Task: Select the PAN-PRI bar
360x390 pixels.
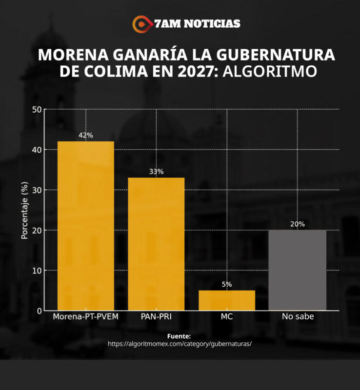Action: coord(156,244)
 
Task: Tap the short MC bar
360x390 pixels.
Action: coord(227,300)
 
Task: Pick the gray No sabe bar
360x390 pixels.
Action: coord(297,270)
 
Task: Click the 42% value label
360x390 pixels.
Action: coord(86,136)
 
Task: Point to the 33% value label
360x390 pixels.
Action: coord(156,172)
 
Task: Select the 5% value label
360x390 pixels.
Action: coord(227,284)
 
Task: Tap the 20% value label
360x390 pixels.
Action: coord(297,224)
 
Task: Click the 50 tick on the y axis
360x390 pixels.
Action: coord(37,109)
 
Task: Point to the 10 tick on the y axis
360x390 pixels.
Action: coord(37,271)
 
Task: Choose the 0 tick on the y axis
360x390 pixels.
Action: coord(39,311)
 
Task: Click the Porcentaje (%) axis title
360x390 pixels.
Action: coord(24,210)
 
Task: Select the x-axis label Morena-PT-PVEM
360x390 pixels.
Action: coord(86,317)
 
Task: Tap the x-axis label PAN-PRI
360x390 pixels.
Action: coord(156,317)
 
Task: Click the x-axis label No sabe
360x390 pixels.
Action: coord(297,317)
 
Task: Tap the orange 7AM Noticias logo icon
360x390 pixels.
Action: coord(141,23)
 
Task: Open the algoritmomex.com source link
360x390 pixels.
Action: coord(180,344)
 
